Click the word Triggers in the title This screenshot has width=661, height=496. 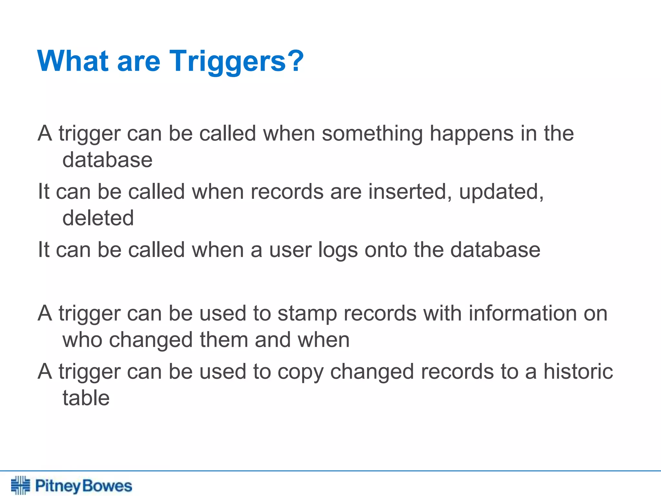click(228, 61)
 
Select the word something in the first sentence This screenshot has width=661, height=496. click(372, 134)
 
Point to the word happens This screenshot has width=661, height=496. click(472, 134)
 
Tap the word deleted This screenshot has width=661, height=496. click(98, 218)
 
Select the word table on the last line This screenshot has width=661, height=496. click(86, 398)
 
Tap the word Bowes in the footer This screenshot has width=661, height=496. click(107, 486)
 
